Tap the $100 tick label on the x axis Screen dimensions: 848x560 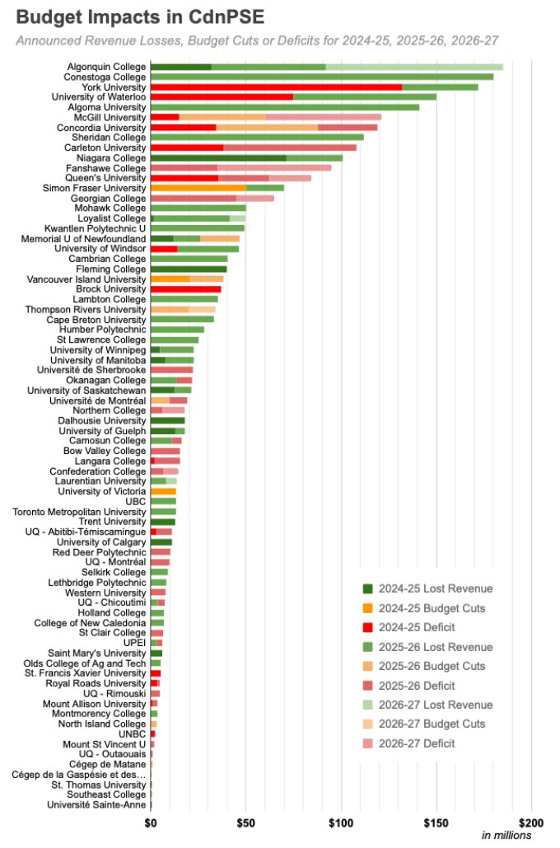tap(341, 822)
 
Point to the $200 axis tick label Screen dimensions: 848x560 tap(531, 822)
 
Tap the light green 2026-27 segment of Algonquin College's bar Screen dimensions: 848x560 tap(413, 67)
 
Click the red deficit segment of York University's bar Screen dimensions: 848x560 tap(276, 87)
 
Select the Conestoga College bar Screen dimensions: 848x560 tap(321, 77)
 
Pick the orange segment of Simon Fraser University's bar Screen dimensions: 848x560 tap(198, 188)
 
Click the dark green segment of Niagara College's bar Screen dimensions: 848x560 tap(218, 157)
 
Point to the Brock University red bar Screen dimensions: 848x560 tap(185, 289)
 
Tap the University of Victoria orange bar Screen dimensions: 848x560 tap(163, 491)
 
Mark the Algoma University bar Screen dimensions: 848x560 tap(284, 107)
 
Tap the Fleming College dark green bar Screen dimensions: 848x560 tap(189, 269)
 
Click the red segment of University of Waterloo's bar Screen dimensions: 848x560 tap(222, 96)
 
